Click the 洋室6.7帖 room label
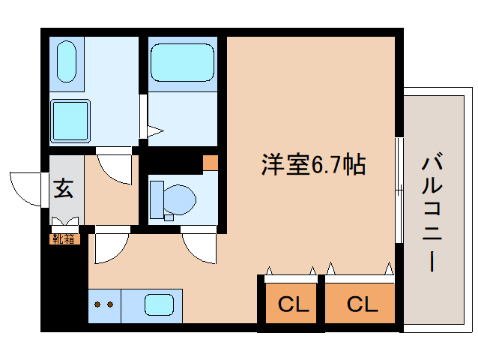coord(312,164)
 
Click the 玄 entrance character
coord(64,189)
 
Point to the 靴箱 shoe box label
coord(63,239)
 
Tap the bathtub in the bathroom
coord(181,62)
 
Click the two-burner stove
coord(104,306)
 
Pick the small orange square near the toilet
coord(211,162)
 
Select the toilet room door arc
coord(198,247)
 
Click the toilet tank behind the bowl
coord(156,199)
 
